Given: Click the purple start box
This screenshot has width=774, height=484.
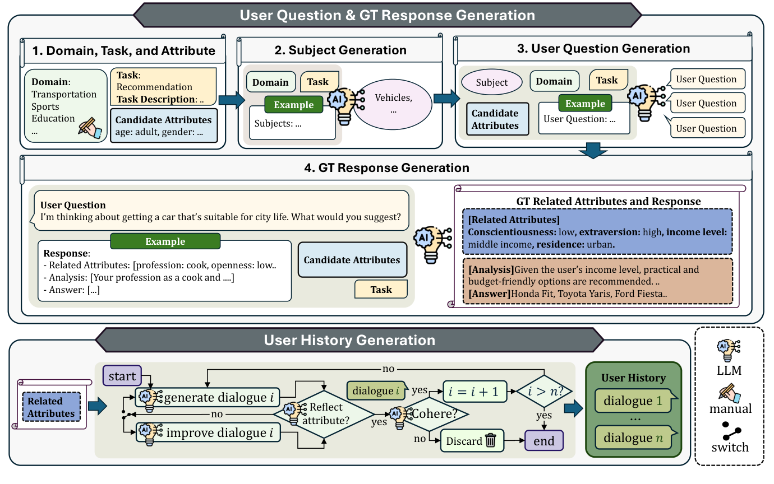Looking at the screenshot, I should pos(122,376).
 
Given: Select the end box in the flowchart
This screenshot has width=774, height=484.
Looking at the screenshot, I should pos(543,441).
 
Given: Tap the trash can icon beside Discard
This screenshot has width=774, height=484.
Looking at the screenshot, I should pos(491,441).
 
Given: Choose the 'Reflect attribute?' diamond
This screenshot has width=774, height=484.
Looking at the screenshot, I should pos(324,414).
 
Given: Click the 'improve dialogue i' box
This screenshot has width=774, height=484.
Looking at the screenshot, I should pos(209,432).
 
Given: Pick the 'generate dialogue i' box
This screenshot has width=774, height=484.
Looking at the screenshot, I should pos(209,398).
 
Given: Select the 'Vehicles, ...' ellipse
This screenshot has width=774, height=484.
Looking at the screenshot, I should pos(393,104).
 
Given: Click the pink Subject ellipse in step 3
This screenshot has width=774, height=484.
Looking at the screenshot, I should pos(492,82).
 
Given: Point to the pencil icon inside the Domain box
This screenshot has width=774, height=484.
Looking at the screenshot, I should pos(90,128).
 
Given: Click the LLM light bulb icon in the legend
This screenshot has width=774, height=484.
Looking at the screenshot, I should pos(729,350).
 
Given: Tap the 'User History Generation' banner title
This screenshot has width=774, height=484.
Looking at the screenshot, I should pos(349,340).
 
